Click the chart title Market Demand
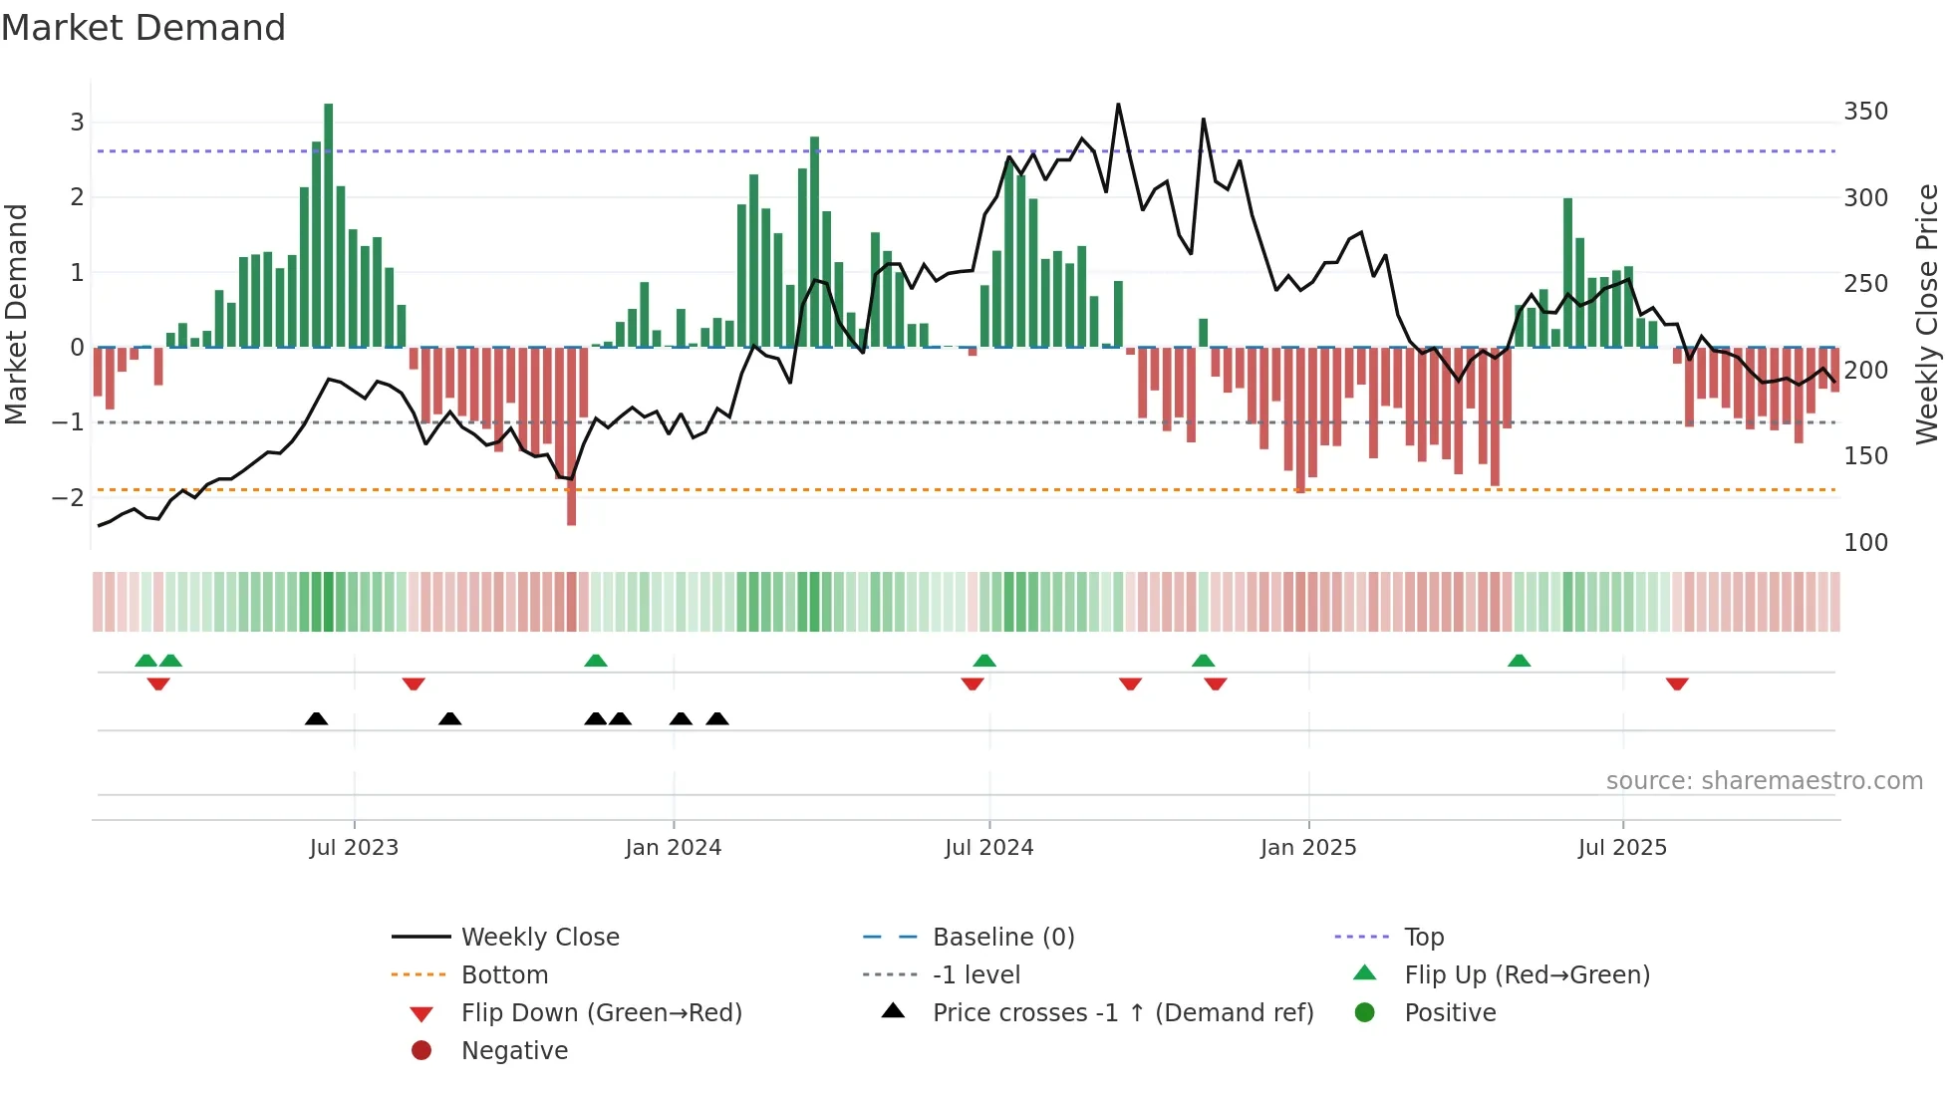tap(143, 28)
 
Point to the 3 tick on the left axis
tap(77, 122)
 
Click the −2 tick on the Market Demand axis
tap(69, 497)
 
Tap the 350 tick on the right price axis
tap(1865, 111)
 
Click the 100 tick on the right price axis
tap(1865, 542)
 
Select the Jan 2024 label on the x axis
tap(673, 847)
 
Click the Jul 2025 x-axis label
tap(1622, 847)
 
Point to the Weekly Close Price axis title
tap(1927, 314)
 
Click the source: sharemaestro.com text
tap(1764, 780)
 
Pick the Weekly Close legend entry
tap(539, 937)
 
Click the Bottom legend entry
tap(504, 974)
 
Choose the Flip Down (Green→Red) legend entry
tap(601, 1012)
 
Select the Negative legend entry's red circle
tap(421, 1050)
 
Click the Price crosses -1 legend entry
tap(1122, 1012)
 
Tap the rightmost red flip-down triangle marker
tap(1677, 684)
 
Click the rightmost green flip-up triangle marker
tap(1519, 661)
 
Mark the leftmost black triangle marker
tap(316, 718)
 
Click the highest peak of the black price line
tap(1118, 105)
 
